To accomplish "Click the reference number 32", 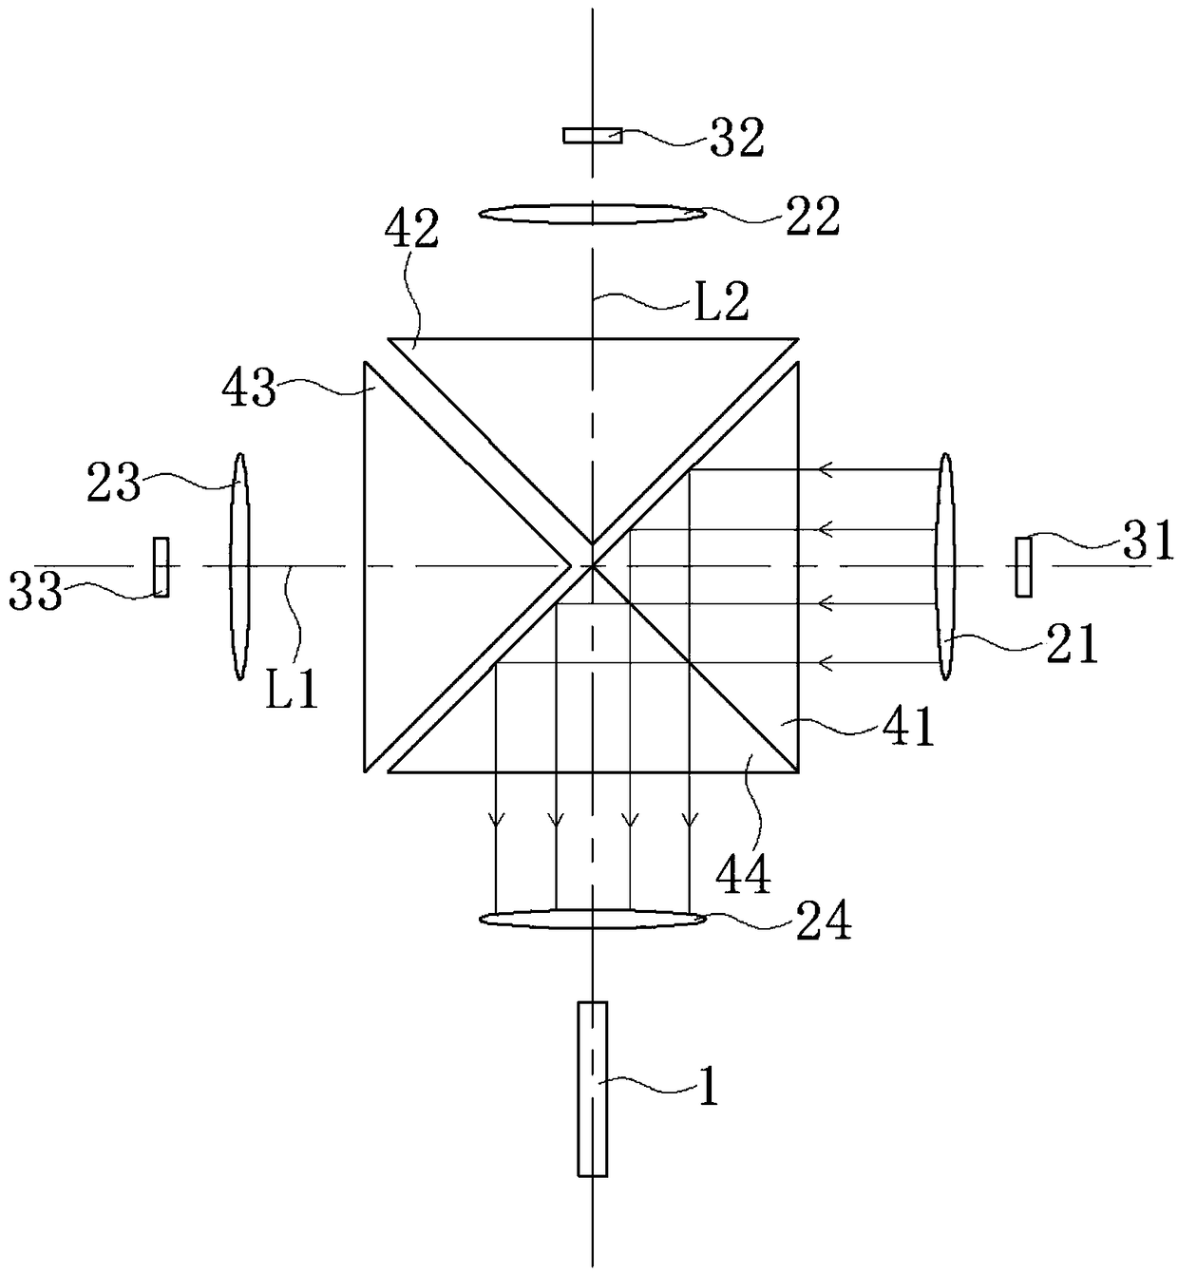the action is [737, 139].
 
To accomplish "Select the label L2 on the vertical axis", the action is [722, 302].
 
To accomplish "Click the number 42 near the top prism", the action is [412, 230].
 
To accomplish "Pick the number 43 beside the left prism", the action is [249, 388].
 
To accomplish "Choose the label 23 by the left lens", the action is [114, 484].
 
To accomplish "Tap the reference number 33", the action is [35, 594].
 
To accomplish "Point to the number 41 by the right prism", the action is [908, 727].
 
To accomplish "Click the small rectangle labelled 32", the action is [592, 135].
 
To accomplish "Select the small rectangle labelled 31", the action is [1023, 567].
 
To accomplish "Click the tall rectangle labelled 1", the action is [592, 1089].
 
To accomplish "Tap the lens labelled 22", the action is [592, 214].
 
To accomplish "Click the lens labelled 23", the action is [238, 566].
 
